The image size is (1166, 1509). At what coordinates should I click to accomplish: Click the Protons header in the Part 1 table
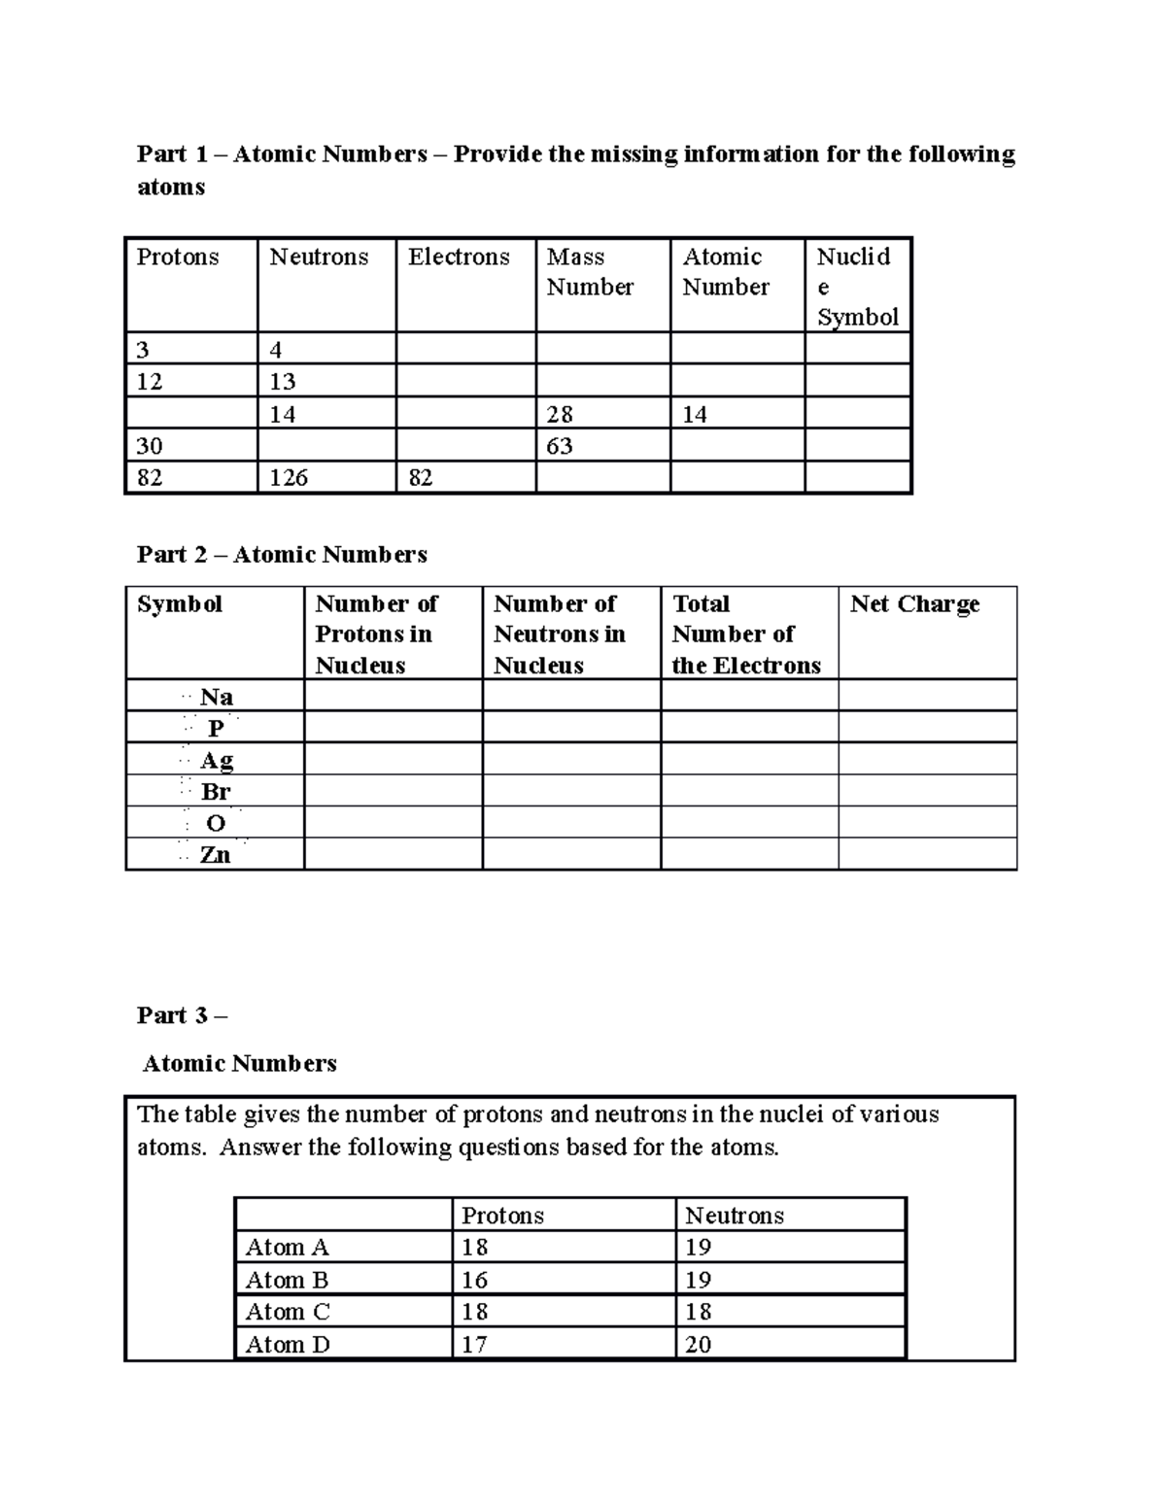[x=178, y=257]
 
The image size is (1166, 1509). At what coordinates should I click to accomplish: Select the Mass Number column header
[x=589, y=272]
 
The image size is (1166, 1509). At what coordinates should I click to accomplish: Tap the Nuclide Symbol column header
[x=856, y=287]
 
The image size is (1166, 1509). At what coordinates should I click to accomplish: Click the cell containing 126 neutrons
[x=289, y=478]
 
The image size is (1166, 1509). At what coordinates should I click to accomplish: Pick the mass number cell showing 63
[x=560, y=446]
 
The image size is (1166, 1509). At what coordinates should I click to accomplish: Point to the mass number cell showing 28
[x=560, y=415]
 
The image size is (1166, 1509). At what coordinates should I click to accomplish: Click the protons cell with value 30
[x=150, y=446]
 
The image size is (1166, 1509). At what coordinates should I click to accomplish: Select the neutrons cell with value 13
[x=283, y=382]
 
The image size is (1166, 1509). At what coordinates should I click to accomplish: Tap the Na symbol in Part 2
[x=215, y=697]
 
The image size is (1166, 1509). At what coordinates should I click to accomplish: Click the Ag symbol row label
[x=216, y=760]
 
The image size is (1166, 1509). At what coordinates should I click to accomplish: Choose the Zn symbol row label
[x=215, y=855]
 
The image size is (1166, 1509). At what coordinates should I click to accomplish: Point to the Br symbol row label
[x=215, y=792]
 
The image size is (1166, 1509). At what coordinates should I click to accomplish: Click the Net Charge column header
[x=914, y=604]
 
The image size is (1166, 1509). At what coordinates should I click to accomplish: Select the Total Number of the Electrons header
[x=745, y=634]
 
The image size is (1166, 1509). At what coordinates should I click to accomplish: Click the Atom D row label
[x=288, y=1345]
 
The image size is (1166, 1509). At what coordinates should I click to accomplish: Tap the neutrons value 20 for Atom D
[x=698, y=1345]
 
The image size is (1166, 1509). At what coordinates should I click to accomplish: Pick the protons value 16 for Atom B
[x=474, y=1281]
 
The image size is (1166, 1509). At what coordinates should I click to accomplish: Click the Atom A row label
[x=287, y=1248]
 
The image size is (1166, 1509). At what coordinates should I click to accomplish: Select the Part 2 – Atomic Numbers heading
[x=282, y=555]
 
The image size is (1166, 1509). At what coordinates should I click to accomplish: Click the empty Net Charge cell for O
[x=927, y=823]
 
